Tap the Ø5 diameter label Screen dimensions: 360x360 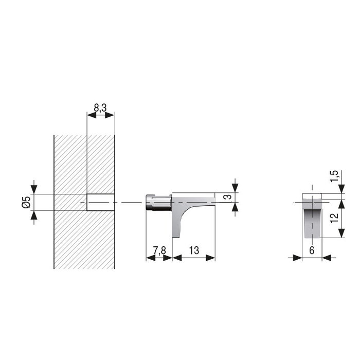(27, 202)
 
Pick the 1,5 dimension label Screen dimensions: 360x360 (335, 176)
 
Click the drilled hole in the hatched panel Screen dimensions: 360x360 (100, 202)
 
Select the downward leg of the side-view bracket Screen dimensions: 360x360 (176, 221)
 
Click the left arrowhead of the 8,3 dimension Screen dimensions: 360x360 (91, 116)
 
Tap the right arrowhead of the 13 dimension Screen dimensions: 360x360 (210, 257)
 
